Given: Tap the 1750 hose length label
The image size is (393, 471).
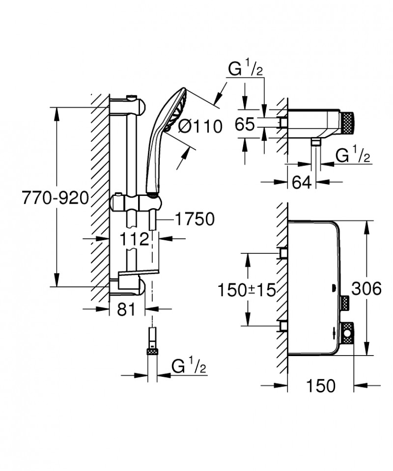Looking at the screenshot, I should [x=195, y=220].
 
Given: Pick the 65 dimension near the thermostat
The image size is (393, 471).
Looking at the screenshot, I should [x=245, y=125].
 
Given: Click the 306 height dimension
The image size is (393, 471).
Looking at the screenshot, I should [x=366, y=289].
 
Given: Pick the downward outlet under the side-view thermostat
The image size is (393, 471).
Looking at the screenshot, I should [x=315, y=143].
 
